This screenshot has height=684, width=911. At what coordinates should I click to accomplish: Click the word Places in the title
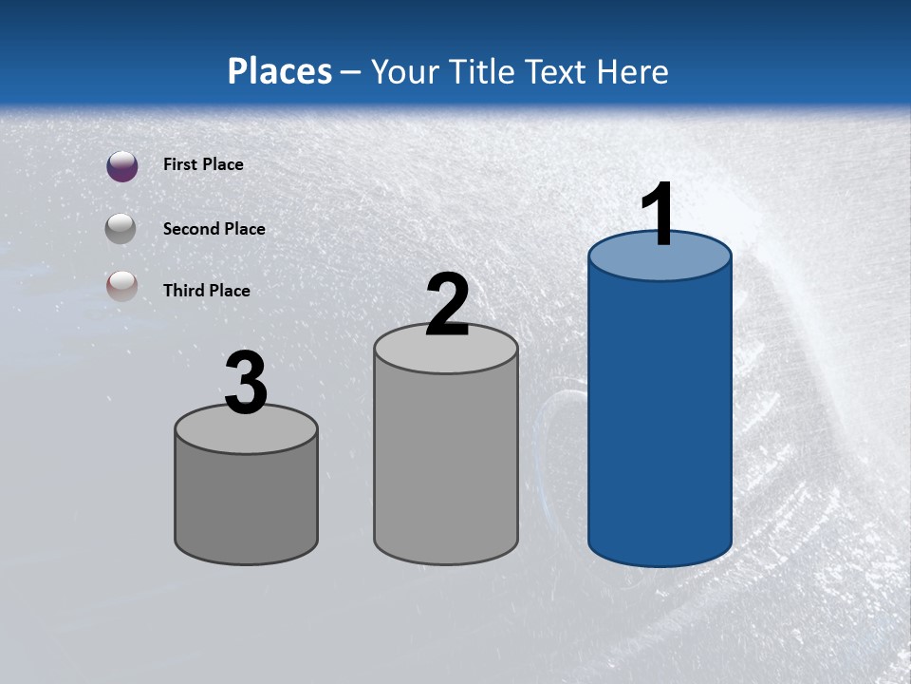(280, 71)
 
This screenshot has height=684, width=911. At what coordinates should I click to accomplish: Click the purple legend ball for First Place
(122, 166)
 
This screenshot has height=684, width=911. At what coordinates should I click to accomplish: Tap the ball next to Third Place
(122, 287)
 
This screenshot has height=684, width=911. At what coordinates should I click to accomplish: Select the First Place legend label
(203, 164)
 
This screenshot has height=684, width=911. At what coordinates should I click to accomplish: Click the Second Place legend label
(214, 229)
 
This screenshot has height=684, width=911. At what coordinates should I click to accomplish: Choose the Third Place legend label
(206, 291)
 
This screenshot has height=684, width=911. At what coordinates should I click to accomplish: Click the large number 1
(658, 216)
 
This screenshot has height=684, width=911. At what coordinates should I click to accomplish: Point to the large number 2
(447, 306)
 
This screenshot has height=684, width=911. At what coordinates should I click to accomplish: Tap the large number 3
(246, 384)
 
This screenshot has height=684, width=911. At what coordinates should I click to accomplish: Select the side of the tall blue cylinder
(660, 418)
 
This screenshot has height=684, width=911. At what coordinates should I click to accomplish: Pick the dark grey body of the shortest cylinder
(246, 503)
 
